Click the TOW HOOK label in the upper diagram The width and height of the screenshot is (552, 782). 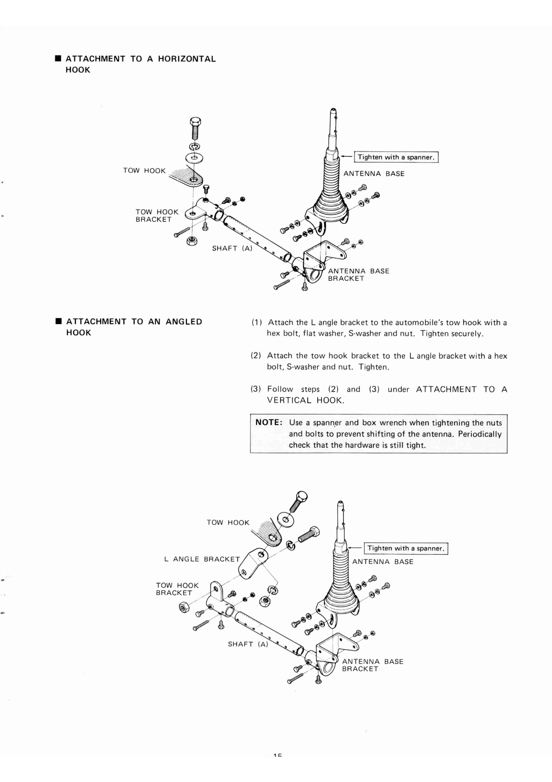click(144, 170)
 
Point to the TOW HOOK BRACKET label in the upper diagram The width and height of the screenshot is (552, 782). click(156, 215)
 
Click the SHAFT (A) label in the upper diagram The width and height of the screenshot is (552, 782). click(231, 248)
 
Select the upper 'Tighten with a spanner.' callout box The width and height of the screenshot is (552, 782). click(396, 157)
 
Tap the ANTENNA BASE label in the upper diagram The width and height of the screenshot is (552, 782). click(374, 174)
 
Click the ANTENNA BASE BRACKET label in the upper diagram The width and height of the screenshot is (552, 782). click(358, 275)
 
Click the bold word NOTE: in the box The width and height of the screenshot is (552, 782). click(270, 423)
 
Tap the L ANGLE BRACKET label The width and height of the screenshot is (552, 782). click(202, 559)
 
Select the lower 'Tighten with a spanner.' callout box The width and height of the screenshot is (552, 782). click(406, 548)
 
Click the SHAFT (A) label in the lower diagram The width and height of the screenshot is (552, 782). click(248, 644)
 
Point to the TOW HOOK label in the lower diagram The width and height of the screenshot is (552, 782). click(228, 522)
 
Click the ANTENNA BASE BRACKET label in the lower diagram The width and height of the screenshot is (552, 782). click(372, 665)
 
